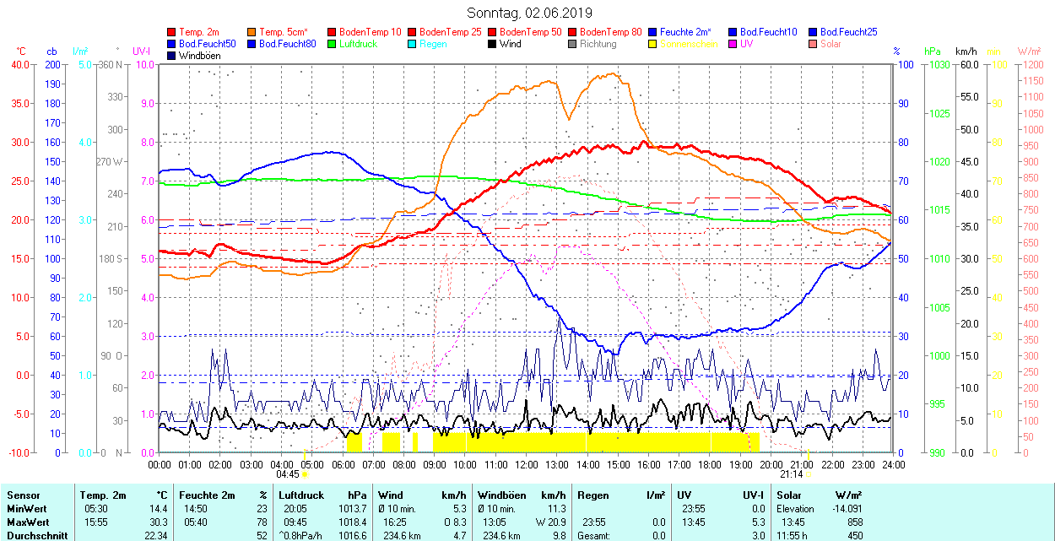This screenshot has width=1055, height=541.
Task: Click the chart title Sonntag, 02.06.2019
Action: [x=529, y=14]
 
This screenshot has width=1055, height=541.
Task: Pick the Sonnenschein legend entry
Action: [x=689, y=44]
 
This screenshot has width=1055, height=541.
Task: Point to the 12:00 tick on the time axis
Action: [x=527, y=464]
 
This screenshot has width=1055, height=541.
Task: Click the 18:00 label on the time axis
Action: [x=710, y=464]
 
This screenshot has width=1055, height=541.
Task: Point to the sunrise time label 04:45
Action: [x=288, y=474]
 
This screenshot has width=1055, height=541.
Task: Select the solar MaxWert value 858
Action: [x=855, y=522]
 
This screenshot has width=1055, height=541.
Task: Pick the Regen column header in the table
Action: [x=593, y=495]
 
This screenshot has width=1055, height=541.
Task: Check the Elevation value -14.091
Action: [x=845, y=509]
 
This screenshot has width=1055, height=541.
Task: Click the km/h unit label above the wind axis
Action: [x=966, y=51]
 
